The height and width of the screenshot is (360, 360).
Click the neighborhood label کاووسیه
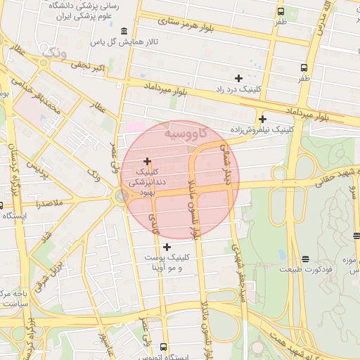[x=184, y=132]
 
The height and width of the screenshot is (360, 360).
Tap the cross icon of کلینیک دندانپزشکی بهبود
[x=147, y=161]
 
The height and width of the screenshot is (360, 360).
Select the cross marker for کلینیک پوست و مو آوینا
[x=167, y=247]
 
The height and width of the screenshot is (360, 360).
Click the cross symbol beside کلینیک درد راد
[x=238, y=78]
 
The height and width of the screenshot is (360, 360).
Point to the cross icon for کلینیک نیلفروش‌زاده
[x=262, y=119]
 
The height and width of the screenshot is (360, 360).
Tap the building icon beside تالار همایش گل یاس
[x=124, y=31]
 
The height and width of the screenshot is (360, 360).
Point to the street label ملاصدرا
[x=47, y=203]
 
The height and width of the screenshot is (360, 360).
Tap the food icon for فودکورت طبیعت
[x=305, y=259]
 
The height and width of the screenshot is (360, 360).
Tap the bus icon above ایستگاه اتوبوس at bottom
[x=163, y=347]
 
